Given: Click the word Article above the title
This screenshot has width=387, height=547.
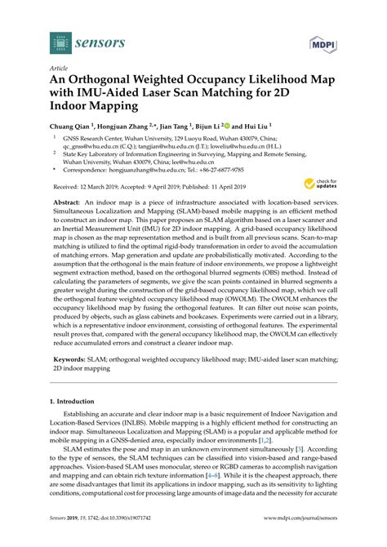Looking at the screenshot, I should pos(59,71).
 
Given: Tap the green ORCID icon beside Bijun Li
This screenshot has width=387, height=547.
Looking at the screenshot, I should pos(228,127).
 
